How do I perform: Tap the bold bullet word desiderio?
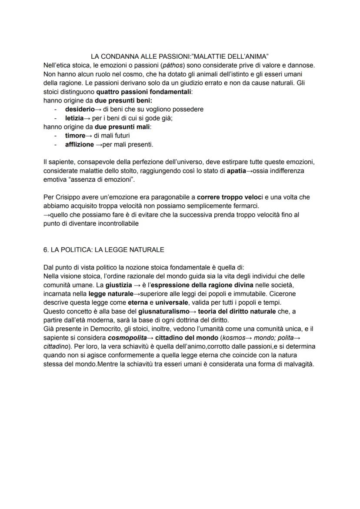tap(80, 109)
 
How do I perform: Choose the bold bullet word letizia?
tap(74, 118)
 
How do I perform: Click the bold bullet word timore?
tap(75, 136)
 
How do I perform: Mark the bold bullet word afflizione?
tap(80, 144)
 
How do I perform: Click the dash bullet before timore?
tap(55, 136)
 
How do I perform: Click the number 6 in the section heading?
tap(46, 250)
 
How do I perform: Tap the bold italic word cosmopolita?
tap(127, 338)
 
